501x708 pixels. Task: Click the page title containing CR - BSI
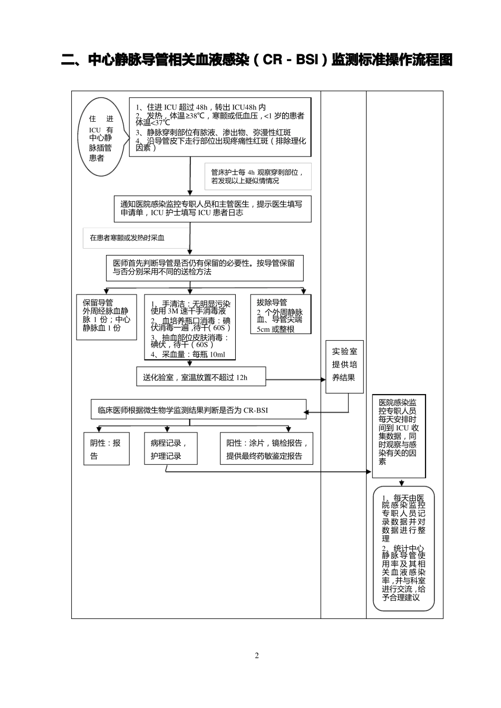257,60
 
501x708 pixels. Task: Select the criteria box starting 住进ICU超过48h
220,127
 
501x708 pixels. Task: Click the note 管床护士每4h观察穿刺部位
258,176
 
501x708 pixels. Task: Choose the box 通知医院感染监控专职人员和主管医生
213,209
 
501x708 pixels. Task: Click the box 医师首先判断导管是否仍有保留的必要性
205,268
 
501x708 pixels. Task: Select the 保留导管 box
107,317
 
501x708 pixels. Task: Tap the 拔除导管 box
280,314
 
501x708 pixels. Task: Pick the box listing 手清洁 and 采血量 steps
190,327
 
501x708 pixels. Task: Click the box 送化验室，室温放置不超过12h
201,377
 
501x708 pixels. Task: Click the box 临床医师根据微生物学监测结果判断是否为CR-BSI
198,410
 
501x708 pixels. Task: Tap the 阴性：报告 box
107,449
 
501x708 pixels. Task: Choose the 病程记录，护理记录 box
170,449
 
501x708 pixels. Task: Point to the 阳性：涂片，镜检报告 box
266,449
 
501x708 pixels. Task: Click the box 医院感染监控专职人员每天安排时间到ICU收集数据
398,436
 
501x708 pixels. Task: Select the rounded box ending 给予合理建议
403,548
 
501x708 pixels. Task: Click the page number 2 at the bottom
257,656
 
